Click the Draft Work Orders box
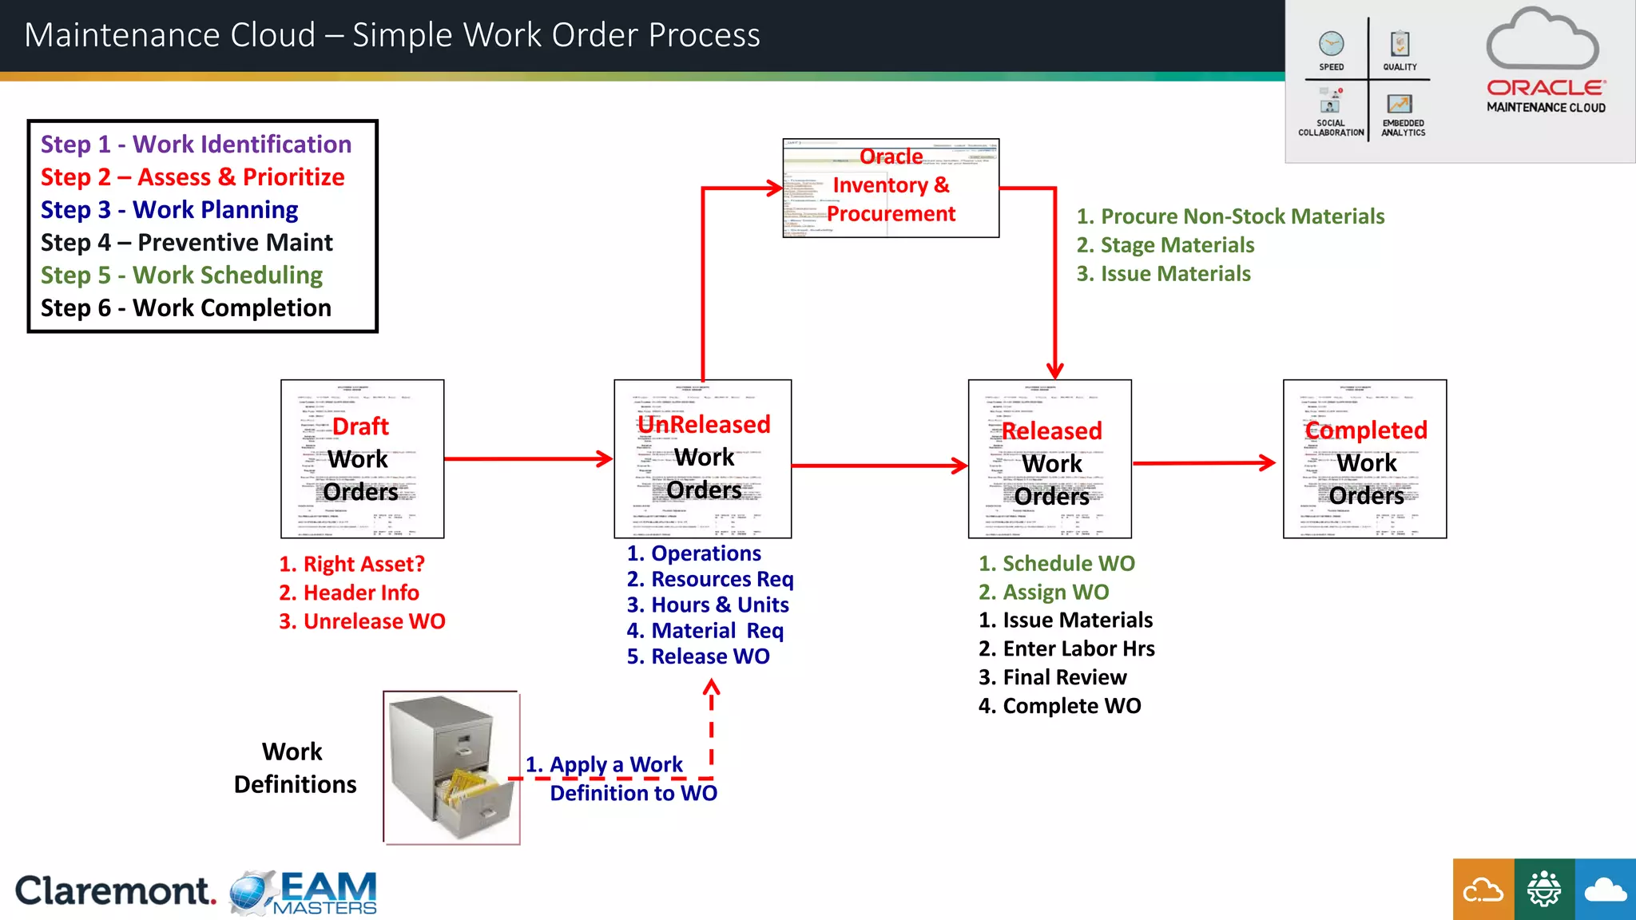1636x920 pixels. [362, 458]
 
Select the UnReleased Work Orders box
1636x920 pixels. [702, 458]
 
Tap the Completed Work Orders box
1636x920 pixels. [1364, 458]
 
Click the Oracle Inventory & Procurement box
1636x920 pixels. [891, 188]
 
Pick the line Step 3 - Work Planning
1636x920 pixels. [169, 210]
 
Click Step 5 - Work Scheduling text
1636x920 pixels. [181, 276]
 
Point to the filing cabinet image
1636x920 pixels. [452, 767]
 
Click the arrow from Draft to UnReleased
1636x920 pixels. [527, 459]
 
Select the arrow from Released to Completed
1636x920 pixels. [1203, 462]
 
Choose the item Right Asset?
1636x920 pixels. [351, 565]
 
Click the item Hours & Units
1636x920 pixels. [708, 605]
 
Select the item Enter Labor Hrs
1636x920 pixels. [1066, 649]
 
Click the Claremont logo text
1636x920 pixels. [115, 891]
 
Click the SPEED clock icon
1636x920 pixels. [1331, 44]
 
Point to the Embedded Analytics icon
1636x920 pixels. [1400, 105]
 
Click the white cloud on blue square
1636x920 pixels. [1605, 890]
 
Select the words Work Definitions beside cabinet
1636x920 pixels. [294, 768]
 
